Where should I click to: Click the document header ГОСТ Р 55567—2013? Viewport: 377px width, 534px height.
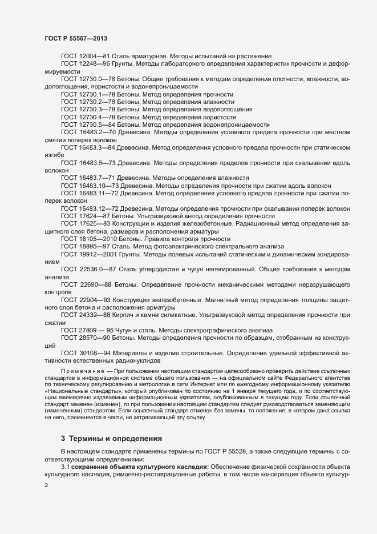tap(76, 38)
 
